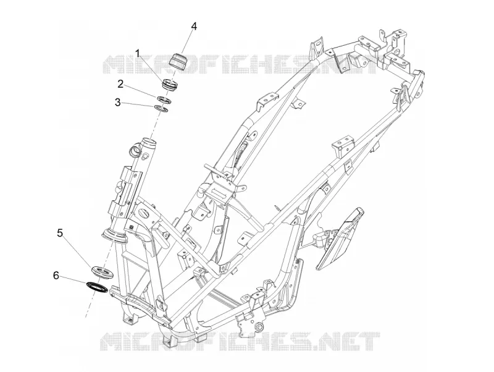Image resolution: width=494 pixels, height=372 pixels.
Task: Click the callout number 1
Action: click(138, 53)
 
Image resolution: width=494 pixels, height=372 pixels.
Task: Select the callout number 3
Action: click(117, 102)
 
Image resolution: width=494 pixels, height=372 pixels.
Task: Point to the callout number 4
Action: click(194, 27)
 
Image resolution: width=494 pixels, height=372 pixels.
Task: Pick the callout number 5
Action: click(59, 233)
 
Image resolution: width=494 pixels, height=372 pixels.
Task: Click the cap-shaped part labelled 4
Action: click(179, 61)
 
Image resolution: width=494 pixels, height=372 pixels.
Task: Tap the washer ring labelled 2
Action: click(164, 99)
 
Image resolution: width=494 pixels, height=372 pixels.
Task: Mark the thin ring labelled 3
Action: click(162, 109)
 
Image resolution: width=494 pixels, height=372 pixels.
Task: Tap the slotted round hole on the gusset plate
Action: click(145, 213)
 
